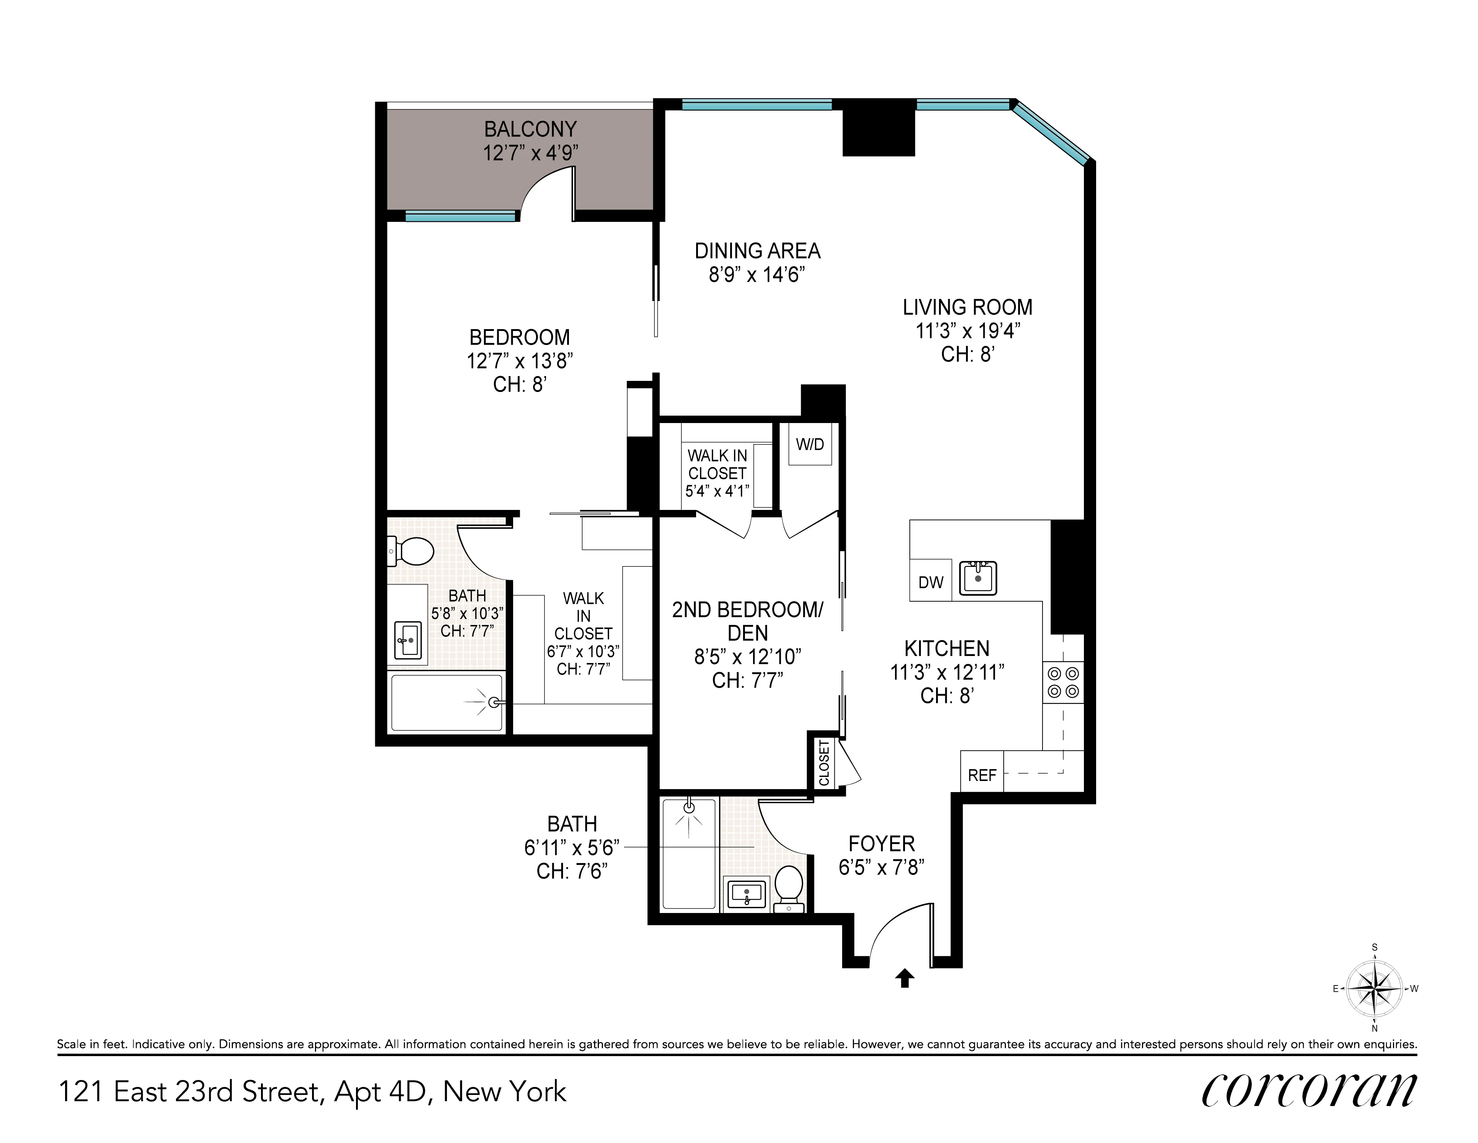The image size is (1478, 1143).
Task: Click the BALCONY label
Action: [x=530, y=129]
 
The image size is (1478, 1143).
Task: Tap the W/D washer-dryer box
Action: [x=810, y=444]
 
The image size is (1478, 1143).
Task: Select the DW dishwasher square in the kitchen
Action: [x=930, y=581]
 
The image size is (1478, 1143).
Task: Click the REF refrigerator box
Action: [x=982, y=775]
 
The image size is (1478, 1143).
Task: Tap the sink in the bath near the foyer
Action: [x=746, y=895]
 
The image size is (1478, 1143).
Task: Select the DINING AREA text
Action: [x=757, y=251]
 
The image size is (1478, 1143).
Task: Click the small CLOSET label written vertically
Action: [x=824, y=762]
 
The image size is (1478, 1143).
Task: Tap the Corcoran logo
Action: [x=1309, y=1089]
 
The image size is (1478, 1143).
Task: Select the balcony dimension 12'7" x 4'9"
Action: [x=530, y=153]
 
